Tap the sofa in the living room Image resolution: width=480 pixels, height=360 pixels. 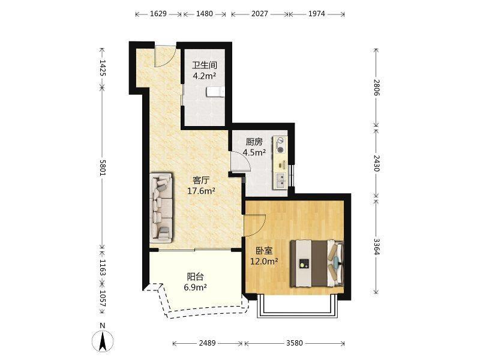(161, 208)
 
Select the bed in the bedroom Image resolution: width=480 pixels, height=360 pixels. (317, 263)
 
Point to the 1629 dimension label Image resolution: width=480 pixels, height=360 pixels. (158, 14)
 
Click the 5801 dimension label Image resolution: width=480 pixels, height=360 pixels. (102, 167)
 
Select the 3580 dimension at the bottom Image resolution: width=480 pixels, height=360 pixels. (295, 343)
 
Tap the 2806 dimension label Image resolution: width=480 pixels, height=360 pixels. (377, 88)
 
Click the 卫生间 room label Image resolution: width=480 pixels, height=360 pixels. (205, 65)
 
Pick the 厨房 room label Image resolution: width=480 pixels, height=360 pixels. (254, 142)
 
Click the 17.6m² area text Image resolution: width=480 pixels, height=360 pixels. (201, 191)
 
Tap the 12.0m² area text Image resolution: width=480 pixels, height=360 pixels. (264, 262)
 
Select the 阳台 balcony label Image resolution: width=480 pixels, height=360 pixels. (196, 277)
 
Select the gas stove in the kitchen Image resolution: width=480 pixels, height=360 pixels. (280, 145)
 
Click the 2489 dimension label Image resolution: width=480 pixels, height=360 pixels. (207, 343)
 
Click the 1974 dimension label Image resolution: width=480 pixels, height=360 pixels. (317, 14)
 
